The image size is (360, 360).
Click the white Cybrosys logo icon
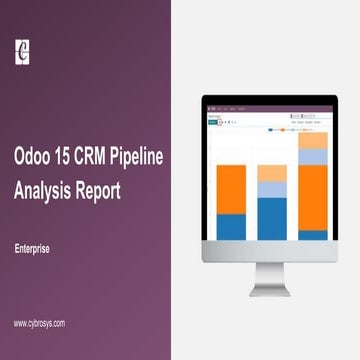pyautogui.click(x=23, y=50)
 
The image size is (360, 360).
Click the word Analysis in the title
pyautogui.click(x=47, y=190)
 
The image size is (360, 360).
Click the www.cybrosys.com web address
pyautogui.click(x=40, y=323)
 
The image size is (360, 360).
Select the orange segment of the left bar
pyautogui.click(x=231, y=189)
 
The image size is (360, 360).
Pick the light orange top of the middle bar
pyautogui.click(x=271, y=173)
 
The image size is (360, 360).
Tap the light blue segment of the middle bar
pyautogui.click(x=271, y=189)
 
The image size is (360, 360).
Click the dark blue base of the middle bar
pyautogui.click(x=271, y=218)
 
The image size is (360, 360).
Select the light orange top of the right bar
pyautogui.click(x=312, y=140)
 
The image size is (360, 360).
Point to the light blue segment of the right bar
pyautogui.click(x=312, y=157)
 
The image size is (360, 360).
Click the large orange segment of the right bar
pyautogui.click(x=312, y=197)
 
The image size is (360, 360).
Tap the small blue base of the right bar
pyautogui.click(x=312, y=235)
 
